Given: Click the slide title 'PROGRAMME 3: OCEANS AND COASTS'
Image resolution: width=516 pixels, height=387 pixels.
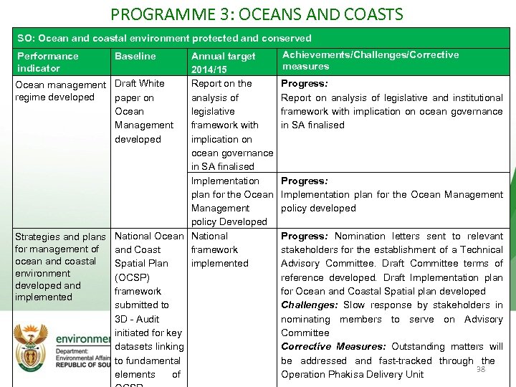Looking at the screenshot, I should pyautogui.click(x=257, y=14).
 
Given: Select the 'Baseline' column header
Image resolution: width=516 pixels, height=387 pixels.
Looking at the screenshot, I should pyautogui.click(x=135, y=56).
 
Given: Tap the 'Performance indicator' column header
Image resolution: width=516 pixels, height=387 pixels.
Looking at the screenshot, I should pyautogui.click(x=47, y=62).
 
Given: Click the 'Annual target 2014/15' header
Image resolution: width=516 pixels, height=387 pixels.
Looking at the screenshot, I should pyautogui.click(x=223, y=63).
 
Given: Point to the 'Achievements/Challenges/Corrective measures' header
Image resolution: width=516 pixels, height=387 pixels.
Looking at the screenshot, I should pyautogui.click(x=371, y=60).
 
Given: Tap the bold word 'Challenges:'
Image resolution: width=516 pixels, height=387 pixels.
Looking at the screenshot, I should pyautogui.click(x=308, y=305).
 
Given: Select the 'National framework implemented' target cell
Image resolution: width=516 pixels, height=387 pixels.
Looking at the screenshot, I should pyautogui.click(x=219, y=249).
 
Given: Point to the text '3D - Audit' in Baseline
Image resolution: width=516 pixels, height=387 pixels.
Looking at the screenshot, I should pyautogui.click(x=137, y=319).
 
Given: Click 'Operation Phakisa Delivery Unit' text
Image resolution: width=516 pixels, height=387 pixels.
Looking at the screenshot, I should pyautogui.click(x=352, y=375).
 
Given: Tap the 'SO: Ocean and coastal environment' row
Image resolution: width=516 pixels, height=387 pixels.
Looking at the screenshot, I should pyautogui.click(x=164, y=38).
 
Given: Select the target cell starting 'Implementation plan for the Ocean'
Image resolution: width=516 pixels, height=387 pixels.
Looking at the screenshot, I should pyautogui.click(x=231, y=201).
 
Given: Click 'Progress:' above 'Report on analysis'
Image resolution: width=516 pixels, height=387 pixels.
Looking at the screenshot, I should pyautogui.click(x=305, y=84).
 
